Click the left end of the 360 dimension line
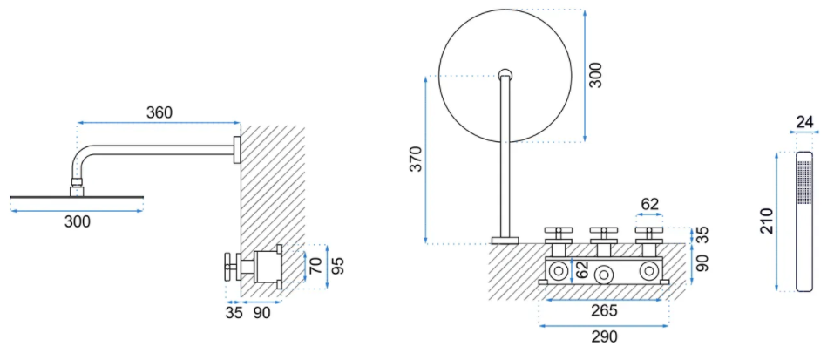[78, 123]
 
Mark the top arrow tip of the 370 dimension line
[426, 77]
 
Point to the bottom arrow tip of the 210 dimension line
[777, 291]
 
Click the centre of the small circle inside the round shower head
[505, 74]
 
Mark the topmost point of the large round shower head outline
[505, 9]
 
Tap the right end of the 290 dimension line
[668, 325]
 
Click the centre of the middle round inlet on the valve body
[603, 275]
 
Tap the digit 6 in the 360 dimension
[159, 112]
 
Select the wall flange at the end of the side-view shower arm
[237, 149]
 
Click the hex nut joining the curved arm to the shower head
[78, 182]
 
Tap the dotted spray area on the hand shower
[804, 182]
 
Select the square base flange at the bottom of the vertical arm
[505, 241]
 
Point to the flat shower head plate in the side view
[77, 198]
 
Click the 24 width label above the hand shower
[804, 122]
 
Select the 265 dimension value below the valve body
[604, 310]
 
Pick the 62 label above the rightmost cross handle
[649, 204]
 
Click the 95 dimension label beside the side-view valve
[338, 266]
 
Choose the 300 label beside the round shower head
[597, 75]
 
